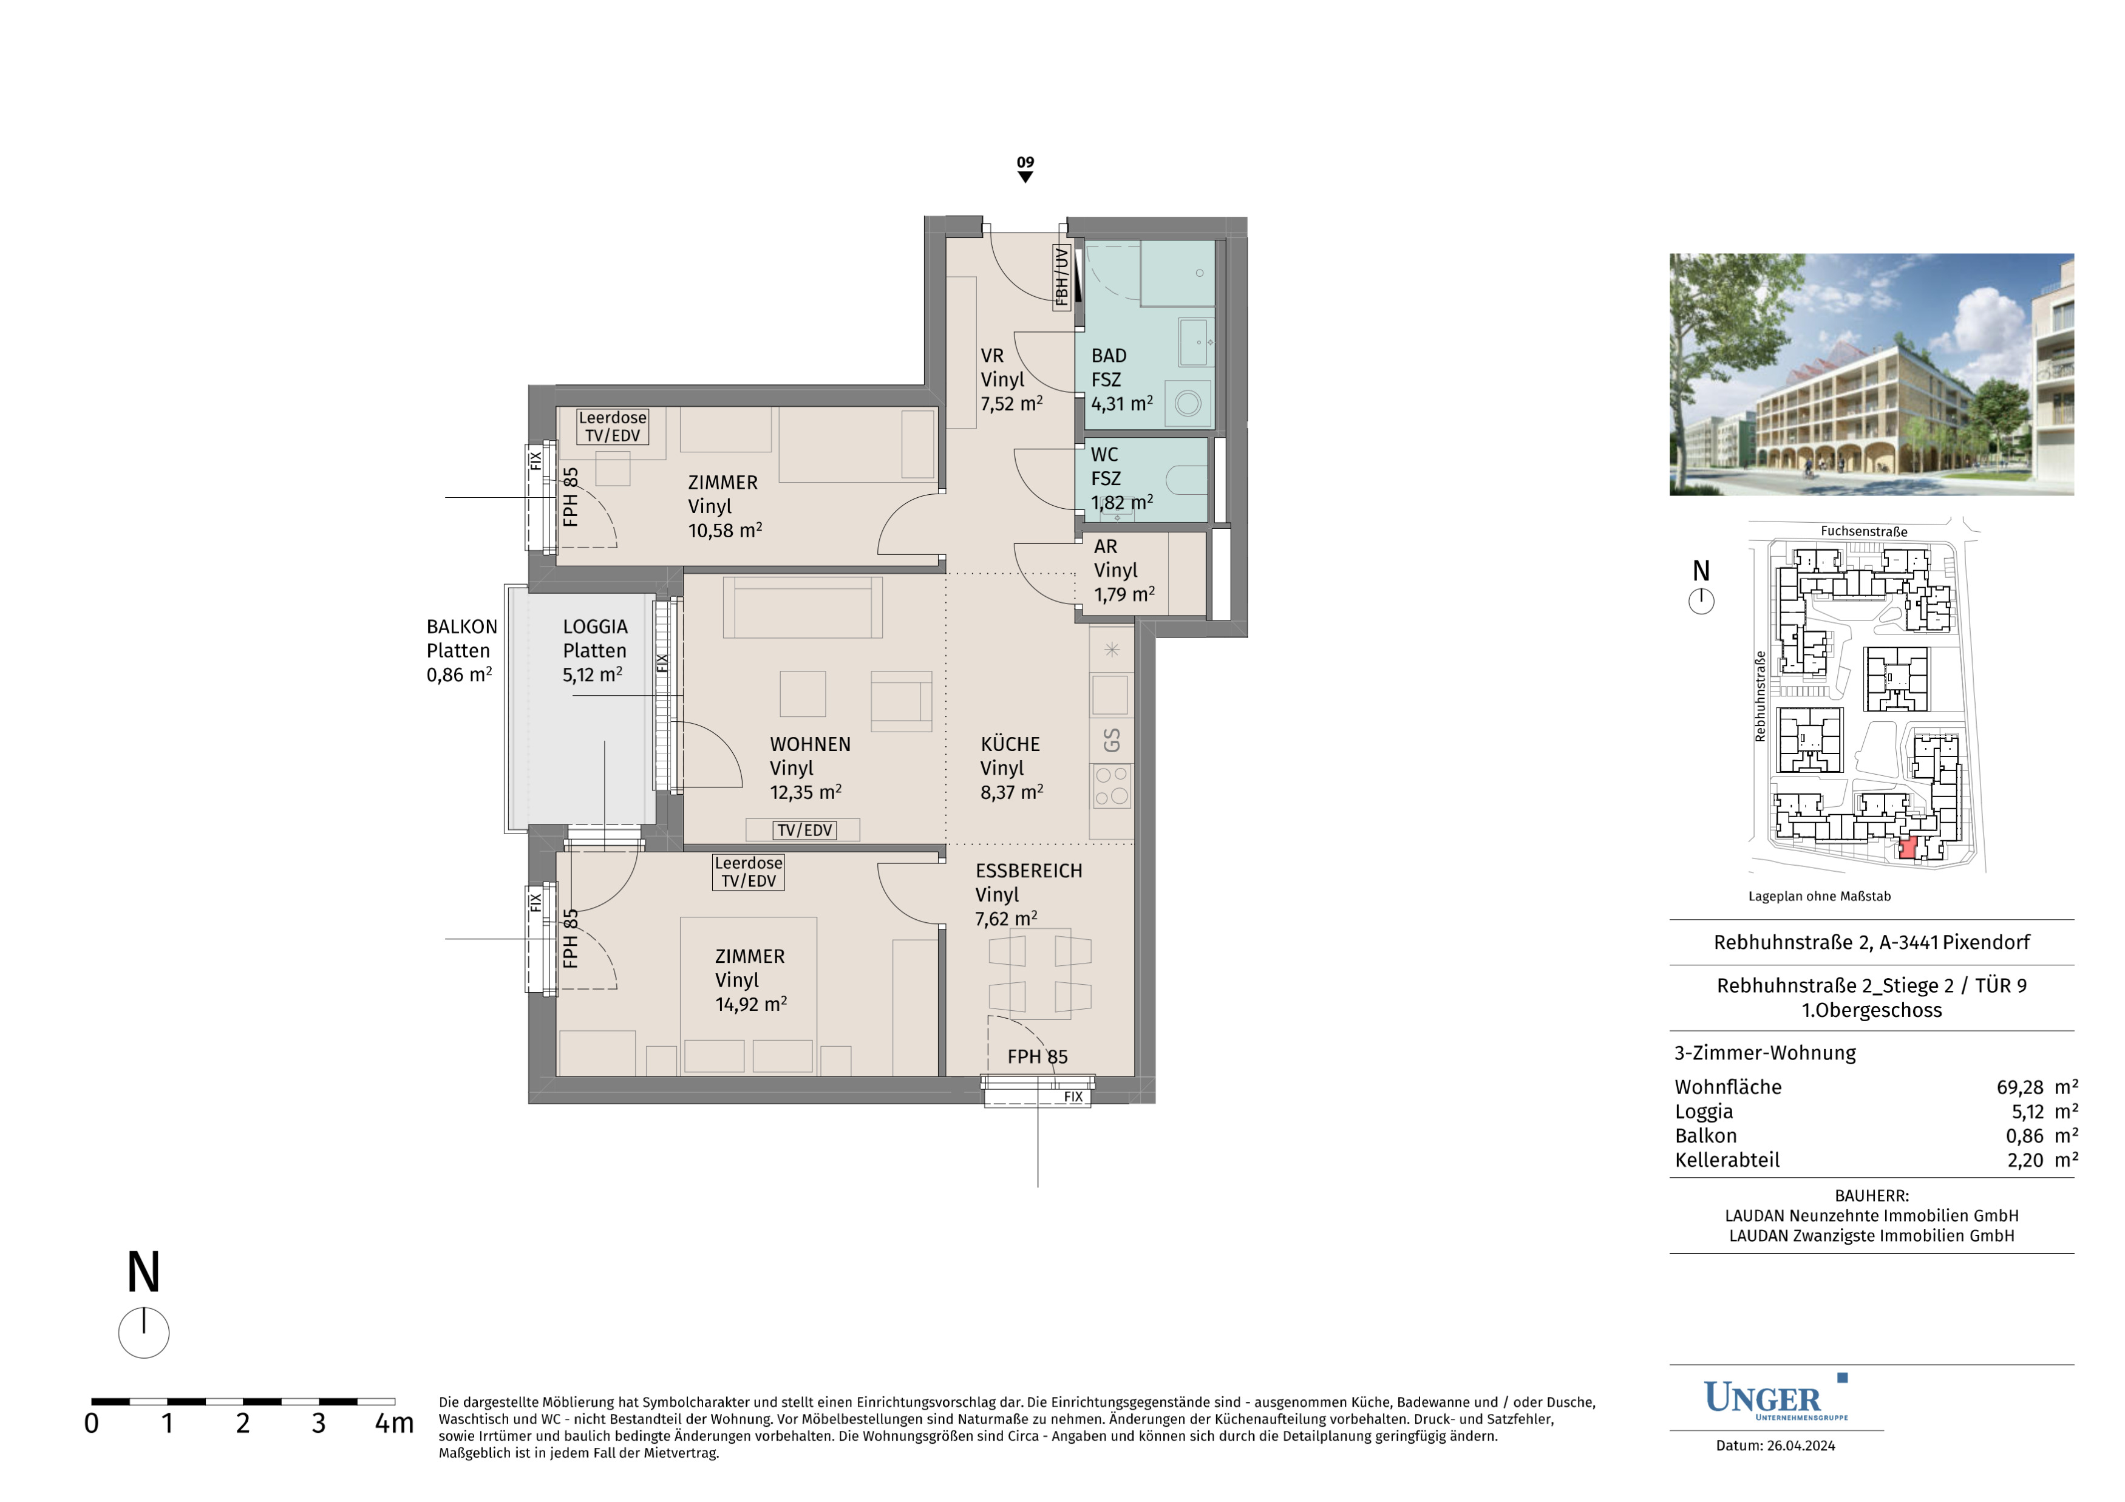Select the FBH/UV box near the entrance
(1061, 276)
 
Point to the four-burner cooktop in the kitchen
(1112, 785)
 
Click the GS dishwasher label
(1112, 740)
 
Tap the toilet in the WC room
(1186, 480)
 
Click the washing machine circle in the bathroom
(1188, 404)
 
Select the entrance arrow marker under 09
(1025, 177)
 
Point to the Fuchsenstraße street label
(1864, 531)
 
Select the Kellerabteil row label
(1727, 1160)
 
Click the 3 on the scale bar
(318, 1423)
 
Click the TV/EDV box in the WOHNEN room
(804, 830)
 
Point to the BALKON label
(462, 627)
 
